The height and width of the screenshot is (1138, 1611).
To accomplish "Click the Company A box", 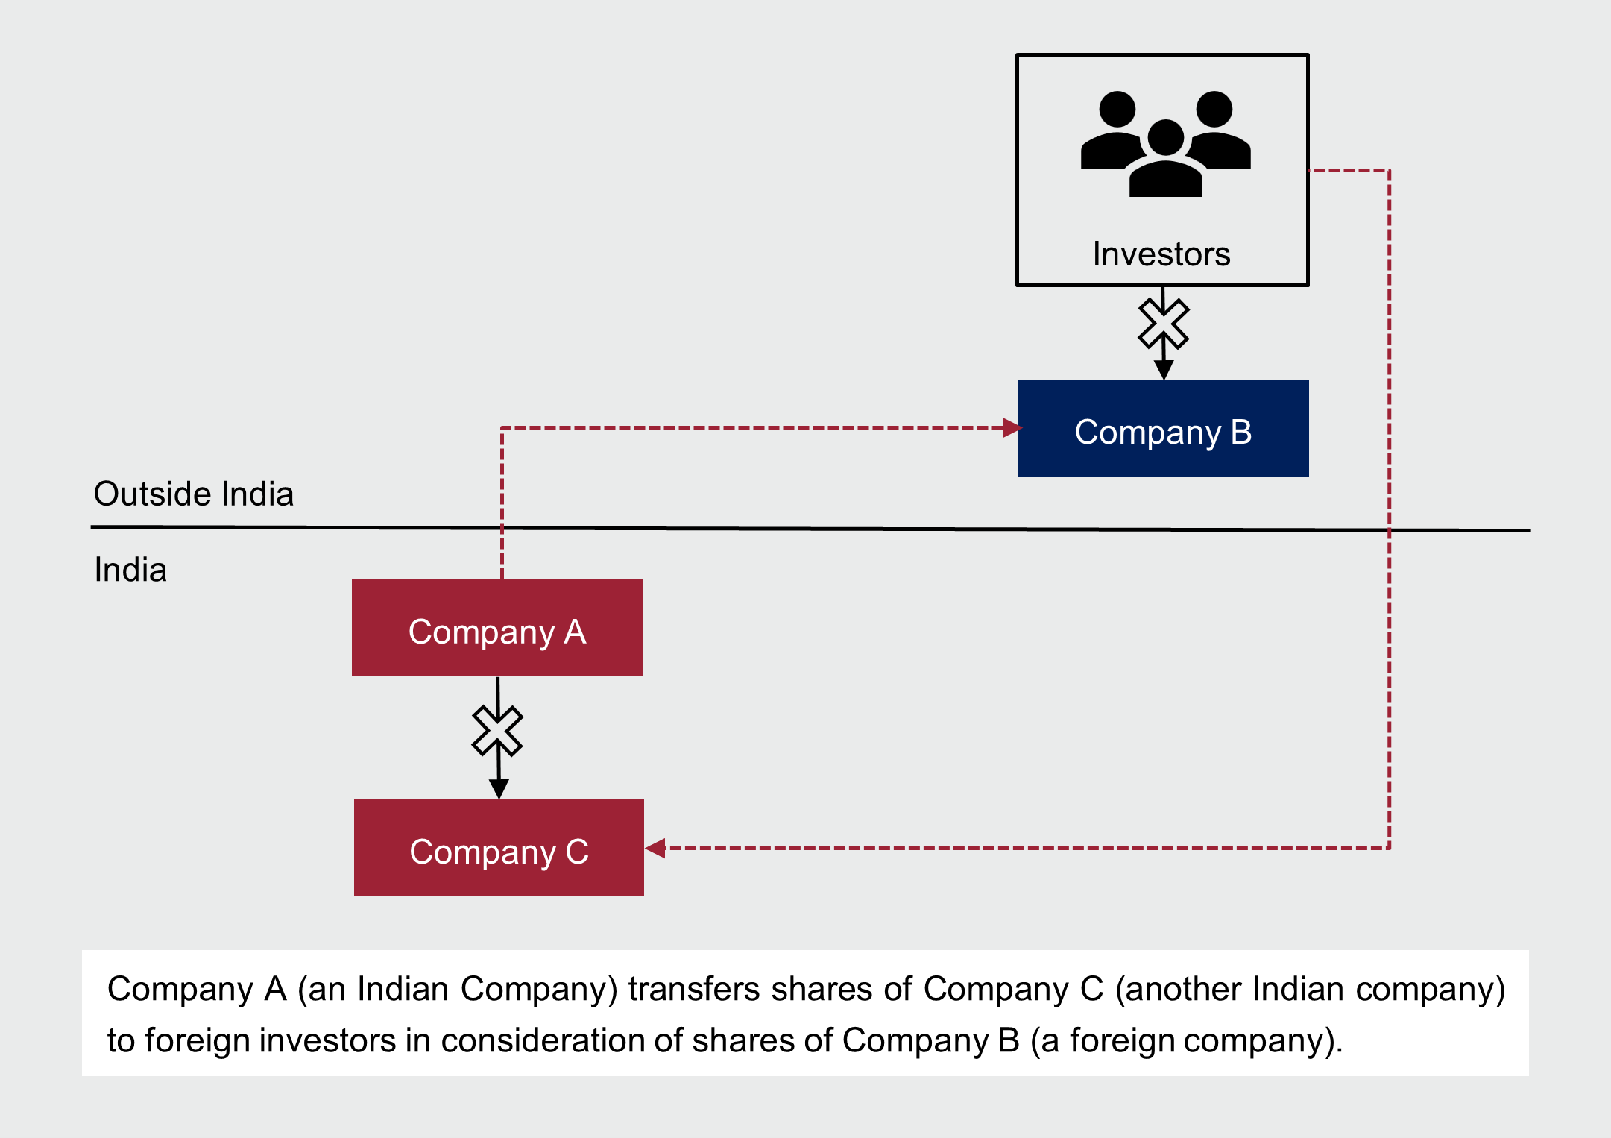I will pos(497,628).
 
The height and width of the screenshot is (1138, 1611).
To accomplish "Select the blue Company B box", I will pos(1163,429).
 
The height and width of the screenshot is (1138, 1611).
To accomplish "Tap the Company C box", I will pos(499,848).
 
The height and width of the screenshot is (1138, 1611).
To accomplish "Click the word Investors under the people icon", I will pos(1161,254).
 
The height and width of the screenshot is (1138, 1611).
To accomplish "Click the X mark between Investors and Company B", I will pos(1164,324).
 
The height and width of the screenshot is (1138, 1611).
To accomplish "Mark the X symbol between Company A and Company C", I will pos(498,731).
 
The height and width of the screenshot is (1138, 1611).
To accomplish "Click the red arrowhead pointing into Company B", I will pos(1012,427).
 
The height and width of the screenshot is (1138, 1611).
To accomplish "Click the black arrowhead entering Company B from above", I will pos(1164,370).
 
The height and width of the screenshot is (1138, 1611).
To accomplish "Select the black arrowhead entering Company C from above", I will pos(499,789).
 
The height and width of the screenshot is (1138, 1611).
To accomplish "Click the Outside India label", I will pos(194,494).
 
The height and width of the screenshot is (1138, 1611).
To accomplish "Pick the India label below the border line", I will pos(130,570).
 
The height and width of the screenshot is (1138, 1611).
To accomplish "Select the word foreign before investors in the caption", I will pos(197,1040).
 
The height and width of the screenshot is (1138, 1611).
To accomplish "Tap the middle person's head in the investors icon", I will pos(1166,137).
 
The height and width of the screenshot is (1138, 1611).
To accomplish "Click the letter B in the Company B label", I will pos(1241,433).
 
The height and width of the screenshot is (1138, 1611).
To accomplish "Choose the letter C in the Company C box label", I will pos(577,852).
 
